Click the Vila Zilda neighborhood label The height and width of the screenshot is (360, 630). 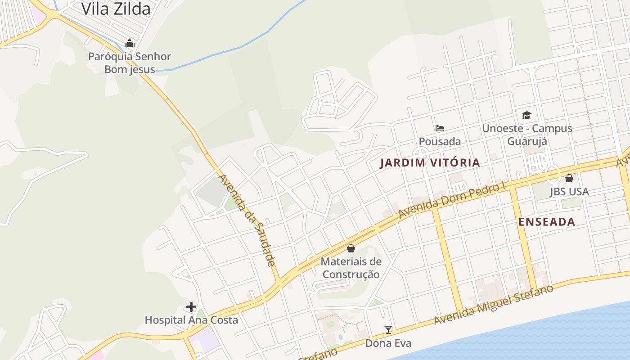[116, 9]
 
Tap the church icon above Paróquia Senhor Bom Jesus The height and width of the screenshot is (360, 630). [130, 43]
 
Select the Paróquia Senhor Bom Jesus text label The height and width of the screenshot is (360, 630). [130, 63]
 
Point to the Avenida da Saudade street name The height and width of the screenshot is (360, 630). [247, 220]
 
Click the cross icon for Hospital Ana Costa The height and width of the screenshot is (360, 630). [191, 307]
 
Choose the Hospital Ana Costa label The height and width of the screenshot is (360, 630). [191, 320]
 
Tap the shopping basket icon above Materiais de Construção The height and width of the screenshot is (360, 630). [351, 248]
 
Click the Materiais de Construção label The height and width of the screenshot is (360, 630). [351, 268]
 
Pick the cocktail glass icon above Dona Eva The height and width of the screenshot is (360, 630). [388, 330]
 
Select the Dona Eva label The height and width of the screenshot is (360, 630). [388, 343]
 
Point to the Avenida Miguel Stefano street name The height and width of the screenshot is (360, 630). [494, 305]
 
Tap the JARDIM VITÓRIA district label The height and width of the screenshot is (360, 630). [430, 163]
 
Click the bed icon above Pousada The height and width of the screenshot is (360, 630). [440, 128]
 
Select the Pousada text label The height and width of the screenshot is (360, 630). [440, 141]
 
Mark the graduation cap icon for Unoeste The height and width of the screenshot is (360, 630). [526, 115]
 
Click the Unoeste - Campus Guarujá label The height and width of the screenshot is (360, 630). [527, 135]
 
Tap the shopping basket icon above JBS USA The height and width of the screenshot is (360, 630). [569, 178]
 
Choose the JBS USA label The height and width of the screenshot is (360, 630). [569, 191]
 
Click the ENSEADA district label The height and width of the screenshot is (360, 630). [547, 221]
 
